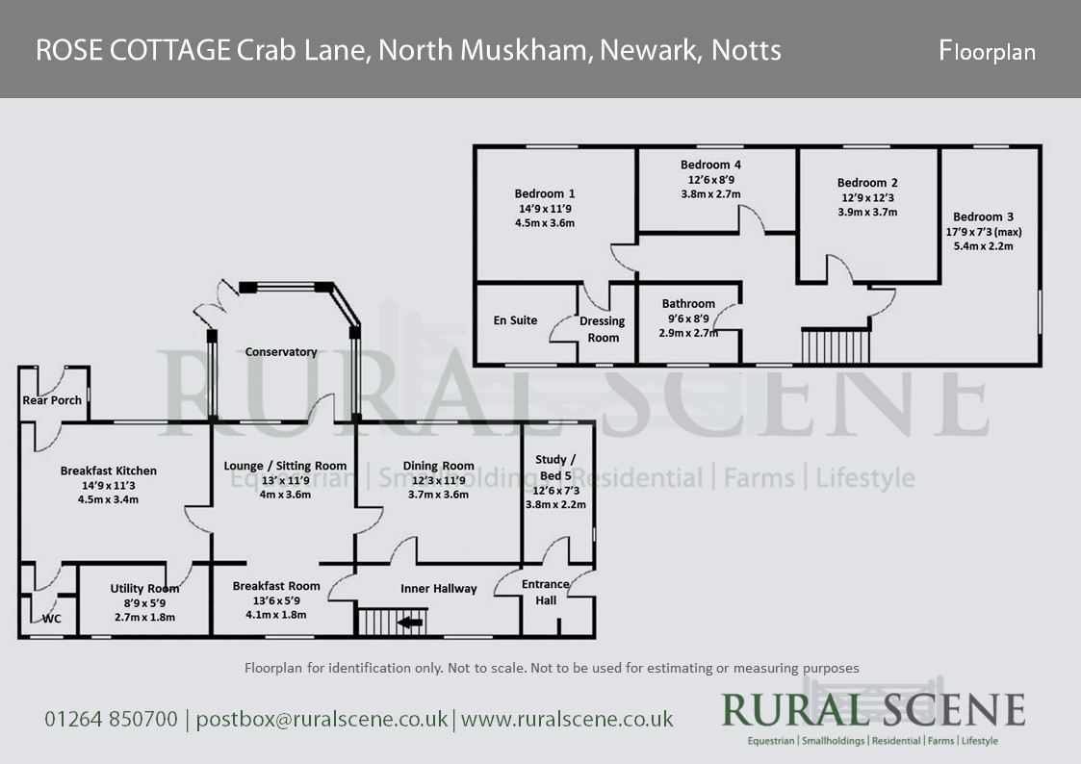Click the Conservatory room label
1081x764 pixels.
[x=281, y=352]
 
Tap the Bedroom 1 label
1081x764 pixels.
[x=545, y=193]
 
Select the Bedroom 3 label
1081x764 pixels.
[x=983, y=217]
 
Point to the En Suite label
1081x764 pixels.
[x=515, y=320]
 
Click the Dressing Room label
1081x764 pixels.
[x=604, y=329]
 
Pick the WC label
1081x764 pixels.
[x=52, y=619]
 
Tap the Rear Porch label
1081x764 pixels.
[x=52, y=400]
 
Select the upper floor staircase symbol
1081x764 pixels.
[x=836, y=344]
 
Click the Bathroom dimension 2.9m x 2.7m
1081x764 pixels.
[x=688, y=333]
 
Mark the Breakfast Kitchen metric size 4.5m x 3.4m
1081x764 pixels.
[x=109, y=499]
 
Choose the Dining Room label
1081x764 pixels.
[x=439, y=467]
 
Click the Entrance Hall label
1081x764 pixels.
[x=546, y=592]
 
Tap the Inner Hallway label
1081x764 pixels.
[x=439, y=589]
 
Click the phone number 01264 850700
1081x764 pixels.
[x=112, y=719]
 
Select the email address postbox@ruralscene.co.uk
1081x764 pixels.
[x=322, y=719]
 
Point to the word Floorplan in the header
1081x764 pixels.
[x=988, y=51]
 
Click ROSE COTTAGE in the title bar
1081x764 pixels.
[x=133, y=50]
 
